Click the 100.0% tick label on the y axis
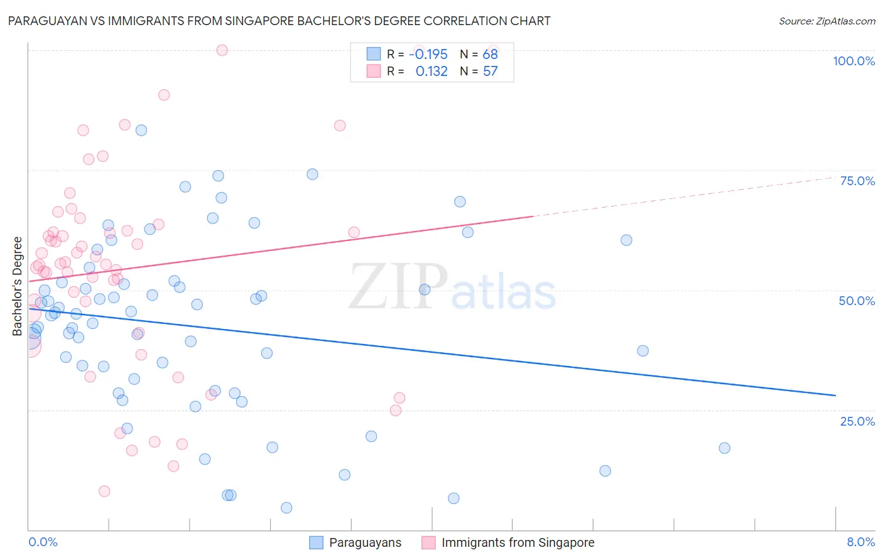pos(853,61)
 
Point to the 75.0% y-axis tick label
pos(857,181)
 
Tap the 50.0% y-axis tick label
pos(857,301)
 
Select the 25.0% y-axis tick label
pos(857,421)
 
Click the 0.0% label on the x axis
pos(43,542)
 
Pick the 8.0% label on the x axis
pos(860,542)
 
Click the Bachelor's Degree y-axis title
pos(18,286)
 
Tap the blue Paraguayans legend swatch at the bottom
pos(317,542)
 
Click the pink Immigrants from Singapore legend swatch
pos(428,542)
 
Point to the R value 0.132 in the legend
pos(431,71)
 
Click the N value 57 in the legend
pos(490,71)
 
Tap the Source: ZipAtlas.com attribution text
pos(826,21)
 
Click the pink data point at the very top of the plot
pos(222,50)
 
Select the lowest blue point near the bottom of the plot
pos(286,508)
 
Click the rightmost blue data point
pos(724,448)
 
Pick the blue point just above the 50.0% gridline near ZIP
pos(425,289)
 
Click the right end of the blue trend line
pos(835,395)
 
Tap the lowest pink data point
pos(104,491)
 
